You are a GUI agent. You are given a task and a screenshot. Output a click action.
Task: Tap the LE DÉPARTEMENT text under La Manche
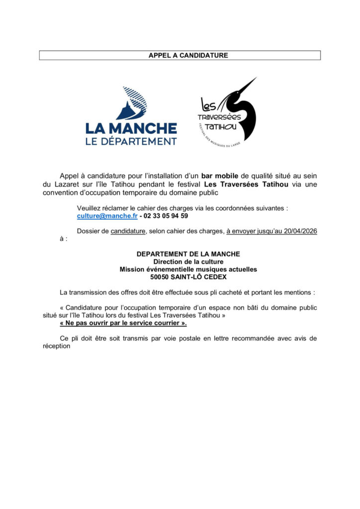point(131,141)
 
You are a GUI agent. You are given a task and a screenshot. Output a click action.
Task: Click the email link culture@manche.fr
point(107,216)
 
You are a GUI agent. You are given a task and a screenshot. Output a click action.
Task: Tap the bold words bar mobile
point(220,176)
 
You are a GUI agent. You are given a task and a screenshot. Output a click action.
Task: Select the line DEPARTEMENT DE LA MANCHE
point(188,254)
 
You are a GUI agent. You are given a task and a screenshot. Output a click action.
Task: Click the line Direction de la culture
point(188,261)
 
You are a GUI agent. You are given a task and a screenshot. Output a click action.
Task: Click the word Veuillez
point(90,208)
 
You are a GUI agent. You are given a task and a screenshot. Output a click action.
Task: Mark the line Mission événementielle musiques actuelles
point(188,269)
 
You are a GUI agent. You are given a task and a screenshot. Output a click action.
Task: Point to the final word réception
point(57,347)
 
